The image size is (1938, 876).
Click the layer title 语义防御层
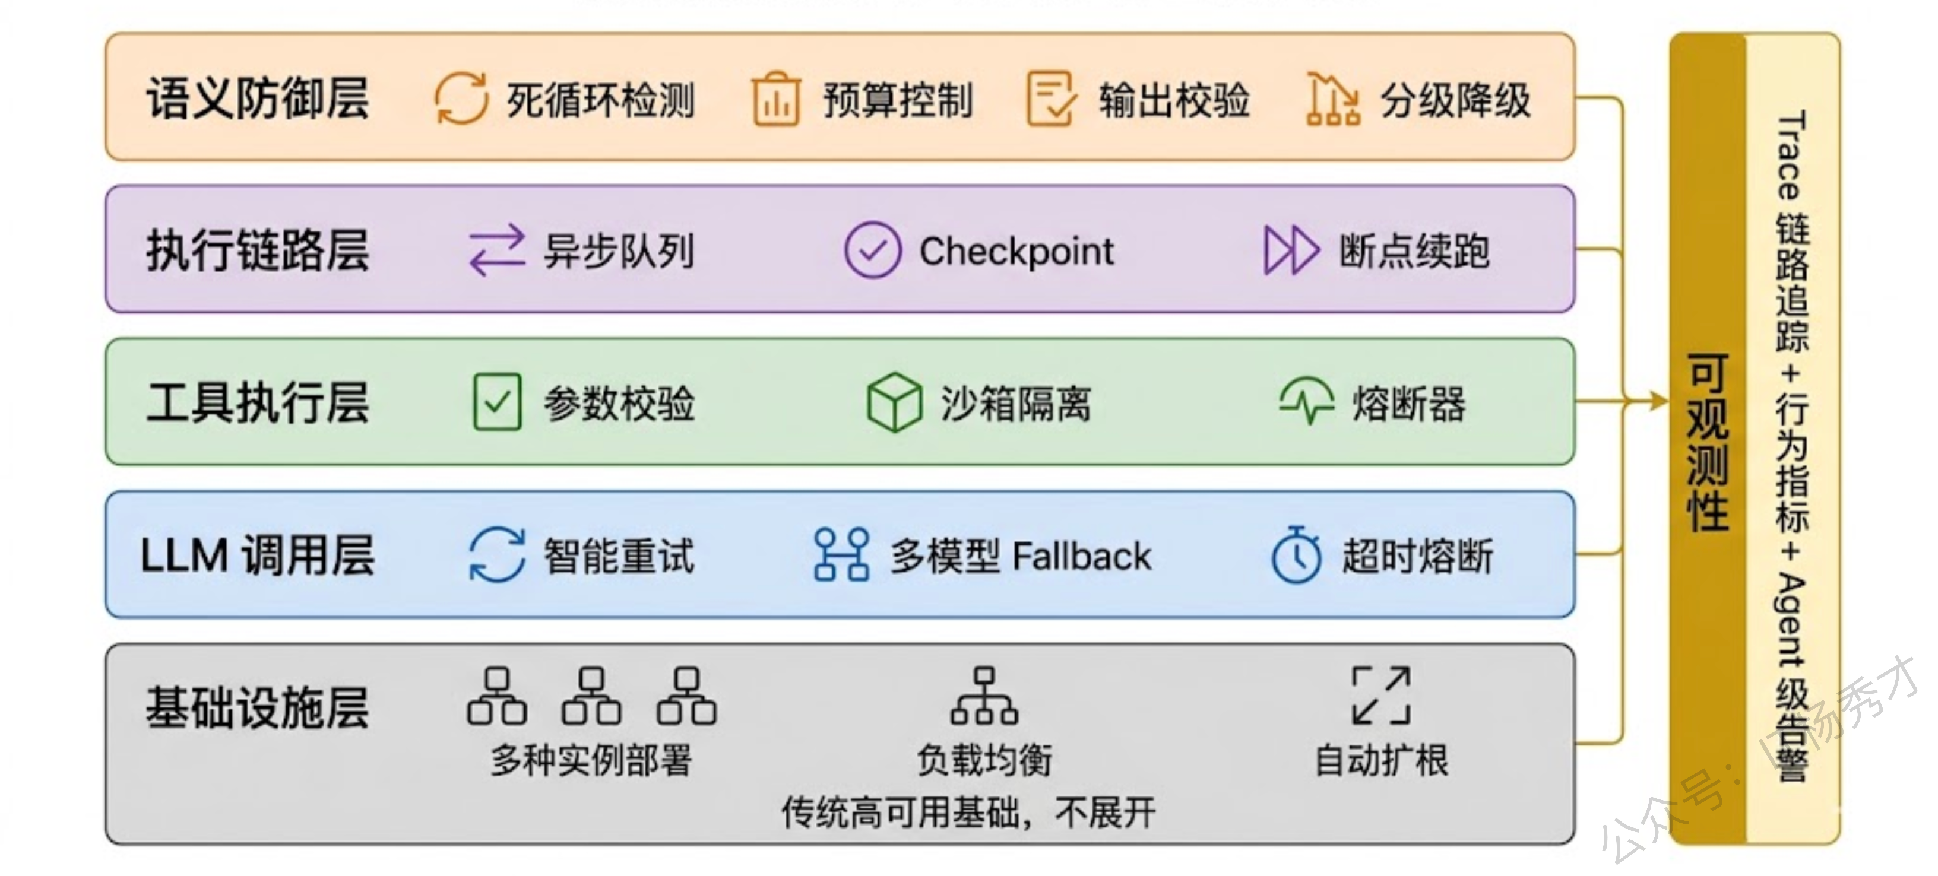click(257, 99)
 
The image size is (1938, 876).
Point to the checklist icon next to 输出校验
click(1050, 99)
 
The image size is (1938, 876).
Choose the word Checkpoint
click(1016, 251)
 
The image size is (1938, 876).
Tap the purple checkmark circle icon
click(873, 250)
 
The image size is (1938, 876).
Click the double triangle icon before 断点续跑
click(1290, 250)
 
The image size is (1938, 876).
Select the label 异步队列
click(619, 251)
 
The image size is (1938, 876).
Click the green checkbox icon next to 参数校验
click(498, 402)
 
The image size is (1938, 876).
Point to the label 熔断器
click(1408, 404)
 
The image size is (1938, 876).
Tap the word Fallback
click(1082, 557)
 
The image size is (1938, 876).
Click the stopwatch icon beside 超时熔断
click(1296, 555)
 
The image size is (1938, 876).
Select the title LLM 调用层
click(257, 556)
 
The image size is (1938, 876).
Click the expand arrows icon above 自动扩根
click(1380, 696)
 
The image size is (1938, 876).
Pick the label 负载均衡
click(984, 760)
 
